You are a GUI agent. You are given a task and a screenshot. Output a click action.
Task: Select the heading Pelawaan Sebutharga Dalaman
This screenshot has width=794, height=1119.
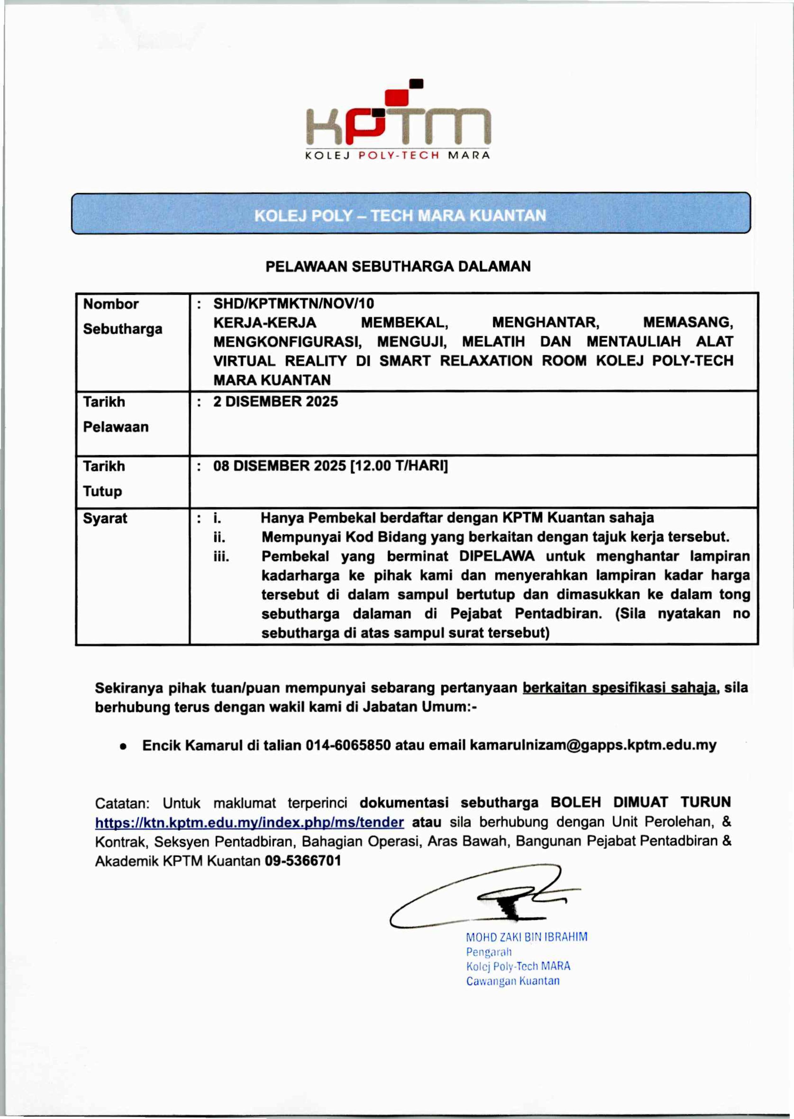[398, 266]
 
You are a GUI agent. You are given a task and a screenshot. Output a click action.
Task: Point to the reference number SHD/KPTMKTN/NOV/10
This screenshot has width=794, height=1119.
[293, 304]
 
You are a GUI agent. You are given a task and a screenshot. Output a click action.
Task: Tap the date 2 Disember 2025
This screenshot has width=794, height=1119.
[275, 401]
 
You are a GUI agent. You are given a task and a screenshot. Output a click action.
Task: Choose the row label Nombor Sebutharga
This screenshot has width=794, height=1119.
[122, 316]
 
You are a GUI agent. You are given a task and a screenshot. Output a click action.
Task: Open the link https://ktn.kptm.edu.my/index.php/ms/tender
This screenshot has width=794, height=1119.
[249, 822]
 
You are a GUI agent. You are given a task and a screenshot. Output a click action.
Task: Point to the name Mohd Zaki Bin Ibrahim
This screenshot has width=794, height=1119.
[527, 937]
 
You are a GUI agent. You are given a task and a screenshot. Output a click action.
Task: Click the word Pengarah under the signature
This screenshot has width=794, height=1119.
[488, 952]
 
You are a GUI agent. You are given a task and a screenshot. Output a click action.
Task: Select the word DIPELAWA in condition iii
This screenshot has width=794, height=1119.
[497, 556]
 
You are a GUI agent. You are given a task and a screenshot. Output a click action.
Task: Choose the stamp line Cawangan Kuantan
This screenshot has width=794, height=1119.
[512, 981]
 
